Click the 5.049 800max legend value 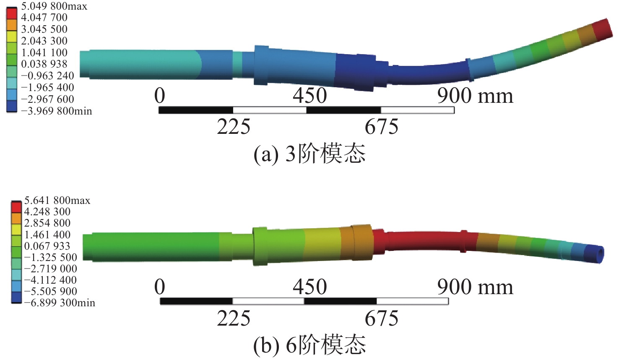pos(54,6)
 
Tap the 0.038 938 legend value pos(44,64)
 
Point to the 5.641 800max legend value pos(57,200)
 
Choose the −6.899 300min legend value pos(60,303)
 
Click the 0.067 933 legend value pos(47,246)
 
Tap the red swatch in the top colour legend pos(12,13)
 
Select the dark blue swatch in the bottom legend pos(16,297)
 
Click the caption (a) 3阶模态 pos(309,154)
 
